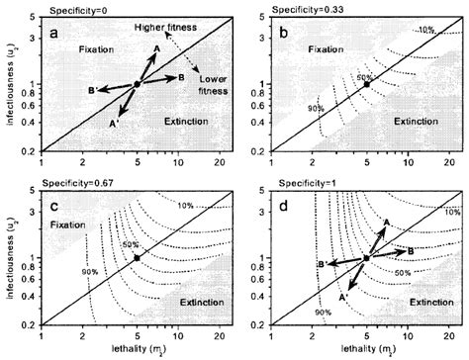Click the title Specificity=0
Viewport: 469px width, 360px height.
(74, 8)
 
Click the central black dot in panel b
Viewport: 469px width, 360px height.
(366, 85)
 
